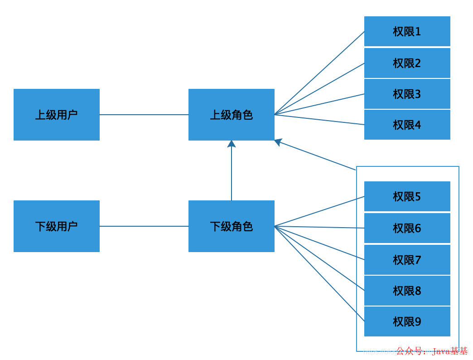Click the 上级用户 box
click(57, 115)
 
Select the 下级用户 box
click(57, 226)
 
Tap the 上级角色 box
click(232, 115)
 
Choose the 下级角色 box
click(232, 226)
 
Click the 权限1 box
click(407, 31)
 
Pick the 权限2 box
click(407, 63)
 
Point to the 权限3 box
click(407, 94)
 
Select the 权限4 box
click(407, 125)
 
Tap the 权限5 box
click(407, 196)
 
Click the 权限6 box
click(407, 228)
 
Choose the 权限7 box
click(407, 260)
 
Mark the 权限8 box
click(407, 291)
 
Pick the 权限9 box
click(407, 321)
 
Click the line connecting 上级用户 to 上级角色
click(144, 115)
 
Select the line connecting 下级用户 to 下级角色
click(144, 226)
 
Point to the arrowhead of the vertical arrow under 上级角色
click(232, 144)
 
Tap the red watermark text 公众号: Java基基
click(432, 351)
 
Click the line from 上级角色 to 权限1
click(319, 73)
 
